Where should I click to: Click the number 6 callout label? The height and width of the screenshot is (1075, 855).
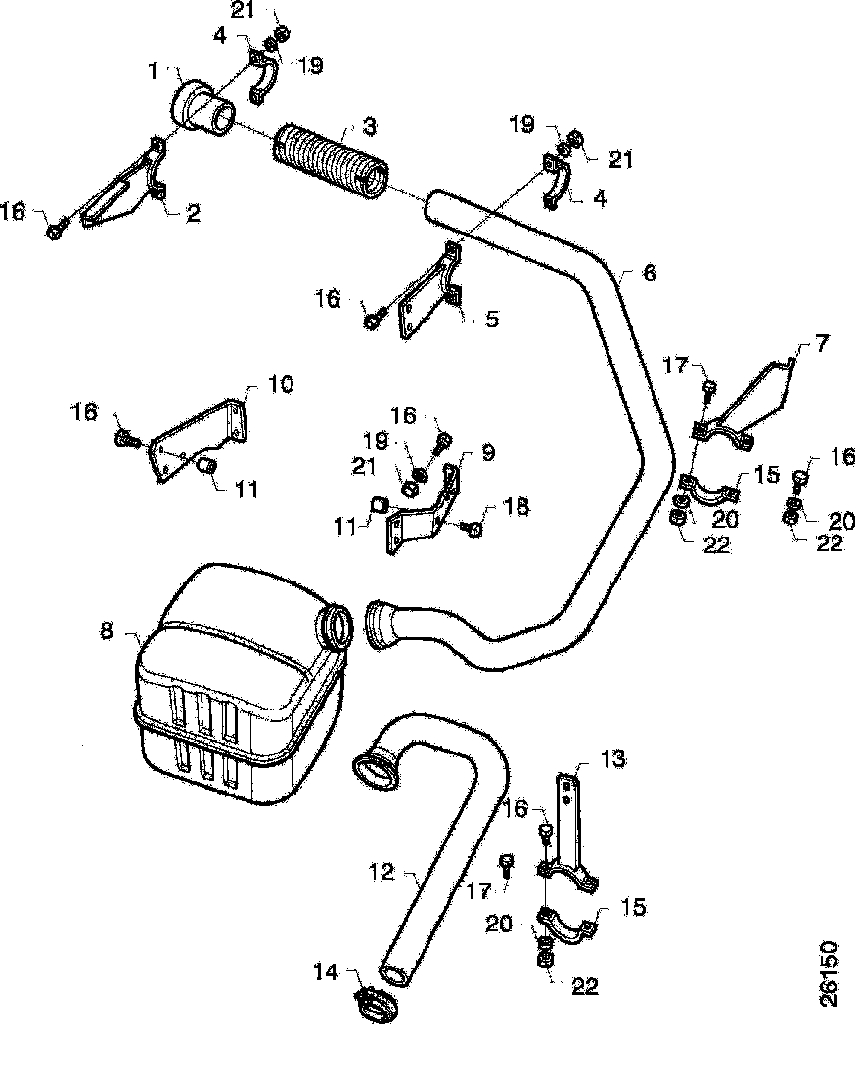[650, 273]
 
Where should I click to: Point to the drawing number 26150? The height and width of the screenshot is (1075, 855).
[830, 973]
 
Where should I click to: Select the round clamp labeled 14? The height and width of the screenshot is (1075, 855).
[376, 1005]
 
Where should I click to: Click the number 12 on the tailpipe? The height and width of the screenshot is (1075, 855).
[382, 870]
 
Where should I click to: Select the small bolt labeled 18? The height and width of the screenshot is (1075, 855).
[473, 529]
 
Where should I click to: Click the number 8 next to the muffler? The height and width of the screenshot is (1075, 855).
[106, 629]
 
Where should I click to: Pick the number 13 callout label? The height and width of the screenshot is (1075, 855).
[612, 758]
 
